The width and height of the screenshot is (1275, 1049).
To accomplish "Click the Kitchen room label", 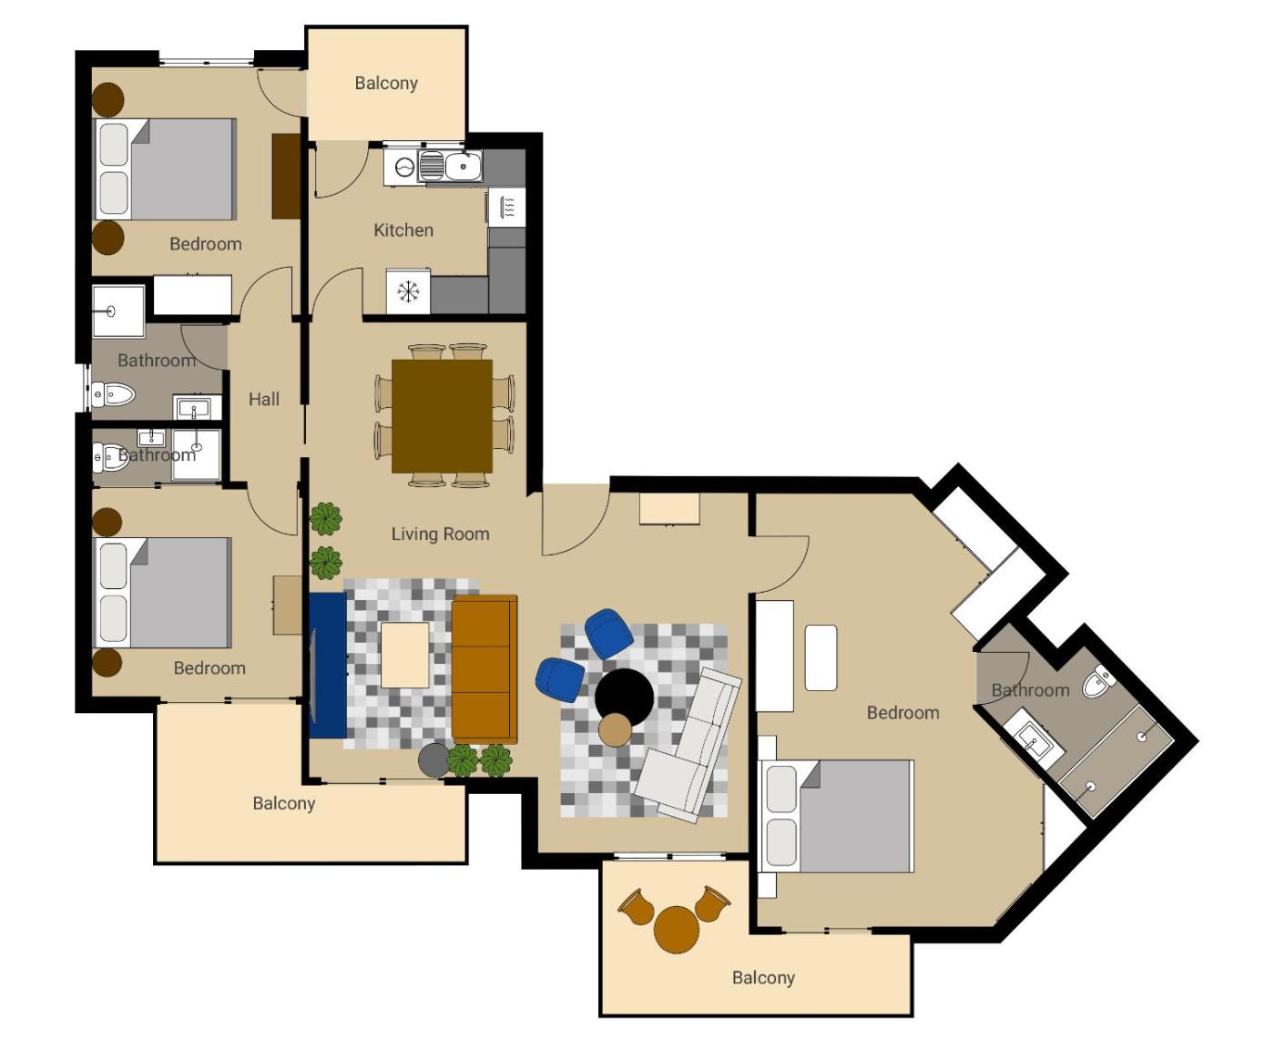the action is [403, 230].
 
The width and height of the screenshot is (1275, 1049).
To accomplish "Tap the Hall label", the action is [263, 399].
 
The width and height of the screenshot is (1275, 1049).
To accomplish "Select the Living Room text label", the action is [440, 534].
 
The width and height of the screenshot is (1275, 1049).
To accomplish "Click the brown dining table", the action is [442, 416].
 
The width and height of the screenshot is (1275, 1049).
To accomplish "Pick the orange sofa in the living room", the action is [484, 669].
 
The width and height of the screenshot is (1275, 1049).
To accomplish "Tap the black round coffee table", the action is [624, 698].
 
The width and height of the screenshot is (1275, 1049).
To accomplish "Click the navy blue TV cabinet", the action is [328, 665].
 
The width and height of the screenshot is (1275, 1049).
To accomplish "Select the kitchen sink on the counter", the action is [451, 166].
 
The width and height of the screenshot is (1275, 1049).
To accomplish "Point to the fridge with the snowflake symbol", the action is [408, 291].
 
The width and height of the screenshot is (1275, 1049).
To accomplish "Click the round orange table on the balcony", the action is [677, 930].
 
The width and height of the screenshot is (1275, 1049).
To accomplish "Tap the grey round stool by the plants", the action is [434, 760].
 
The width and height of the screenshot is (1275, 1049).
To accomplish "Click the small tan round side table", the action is [616, 729].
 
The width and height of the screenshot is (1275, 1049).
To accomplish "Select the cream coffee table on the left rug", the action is [405, 656].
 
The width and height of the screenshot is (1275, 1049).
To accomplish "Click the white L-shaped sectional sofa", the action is [688, 745].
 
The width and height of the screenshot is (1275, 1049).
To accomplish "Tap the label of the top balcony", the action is [386, 83].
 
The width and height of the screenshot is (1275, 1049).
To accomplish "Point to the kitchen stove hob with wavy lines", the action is [506, 208].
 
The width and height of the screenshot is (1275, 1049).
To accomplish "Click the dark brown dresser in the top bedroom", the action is [286, 176].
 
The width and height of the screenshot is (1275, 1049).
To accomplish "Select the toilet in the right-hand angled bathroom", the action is [1098, 681].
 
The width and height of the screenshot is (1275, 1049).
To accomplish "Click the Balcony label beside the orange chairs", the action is [763, 978].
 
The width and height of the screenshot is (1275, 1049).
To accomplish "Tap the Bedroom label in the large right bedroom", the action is [903, 713].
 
